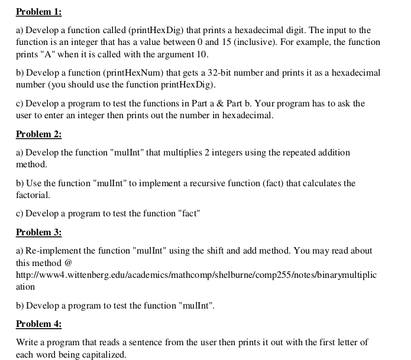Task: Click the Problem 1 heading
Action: (38, 12)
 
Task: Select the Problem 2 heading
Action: (38, 134)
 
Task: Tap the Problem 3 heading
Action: (38, 232)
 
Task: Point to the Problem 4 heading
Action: (38, 323)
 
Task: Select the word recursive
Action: (218, 183)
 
